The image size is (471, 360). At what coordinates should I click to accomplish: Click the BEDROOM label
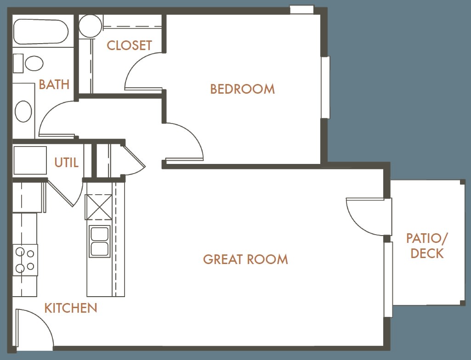point(242,89)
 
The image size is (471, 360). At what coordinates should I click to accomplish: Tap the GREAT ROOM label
point(245,259)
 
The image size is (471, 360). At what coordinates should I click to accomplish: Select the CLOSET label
point(129,45)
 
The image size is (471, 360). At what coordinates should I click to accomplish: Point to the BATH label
point(54,84)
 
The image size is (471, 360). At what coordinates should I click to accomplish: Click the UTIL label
point(66,163)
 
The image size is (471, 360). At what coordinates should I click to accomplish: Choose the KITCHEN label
point(71,308)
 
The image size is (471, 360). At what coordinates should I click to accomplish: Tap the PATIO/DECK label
point(427,246)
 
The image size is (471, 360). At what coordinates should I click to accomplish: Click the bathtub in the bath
point(41,32)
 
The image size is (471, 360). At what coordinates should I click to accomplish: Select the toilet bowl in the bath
point(34,63)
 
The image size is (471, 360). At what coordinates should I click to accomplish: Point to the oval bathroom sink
point(23,111)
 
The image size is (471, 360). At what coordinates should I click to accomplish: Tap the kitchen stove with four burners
point(25,260)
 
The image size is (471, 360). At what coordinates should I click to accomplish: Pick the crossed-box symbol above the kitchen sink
point(98,207)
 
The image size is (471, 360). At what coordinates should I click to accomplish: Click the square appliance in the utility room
point(30,160)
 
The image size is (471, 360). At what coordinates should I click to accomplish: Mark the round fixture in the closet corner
point(91,26)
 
